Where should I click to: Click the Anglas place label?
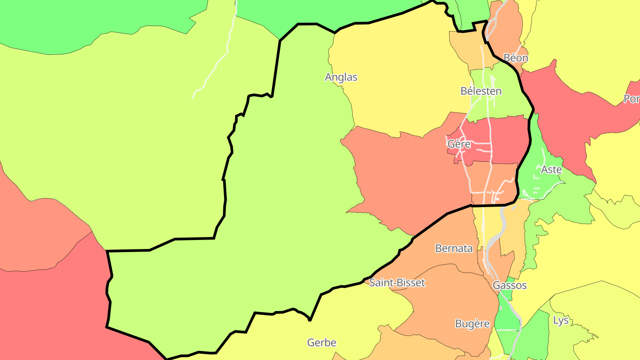[x=341, y=77]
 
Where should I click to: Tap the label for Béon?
[x=516, y=58]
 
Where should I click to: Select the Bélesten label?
[x=481, y=91]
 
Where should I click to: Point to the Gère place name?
[x=459, y=144]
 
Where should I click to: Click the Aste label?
[x=551, y=169]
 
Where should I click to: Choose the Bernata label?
[x=454, y=248]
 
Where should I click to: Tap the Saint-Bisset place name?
[x=397, y=283]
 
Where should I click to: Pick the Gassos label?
[x=509, y=285]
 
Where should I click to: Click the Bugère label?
[x=472, y=324]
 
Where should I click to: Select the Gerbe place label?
[x=321, y=343]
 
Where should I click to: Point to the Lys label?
[x=560, y=320]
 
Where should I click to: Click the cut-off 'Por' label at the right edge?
[x=632, y=99]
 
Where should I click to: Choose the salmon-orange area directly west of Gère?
[x=400, y=173]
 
